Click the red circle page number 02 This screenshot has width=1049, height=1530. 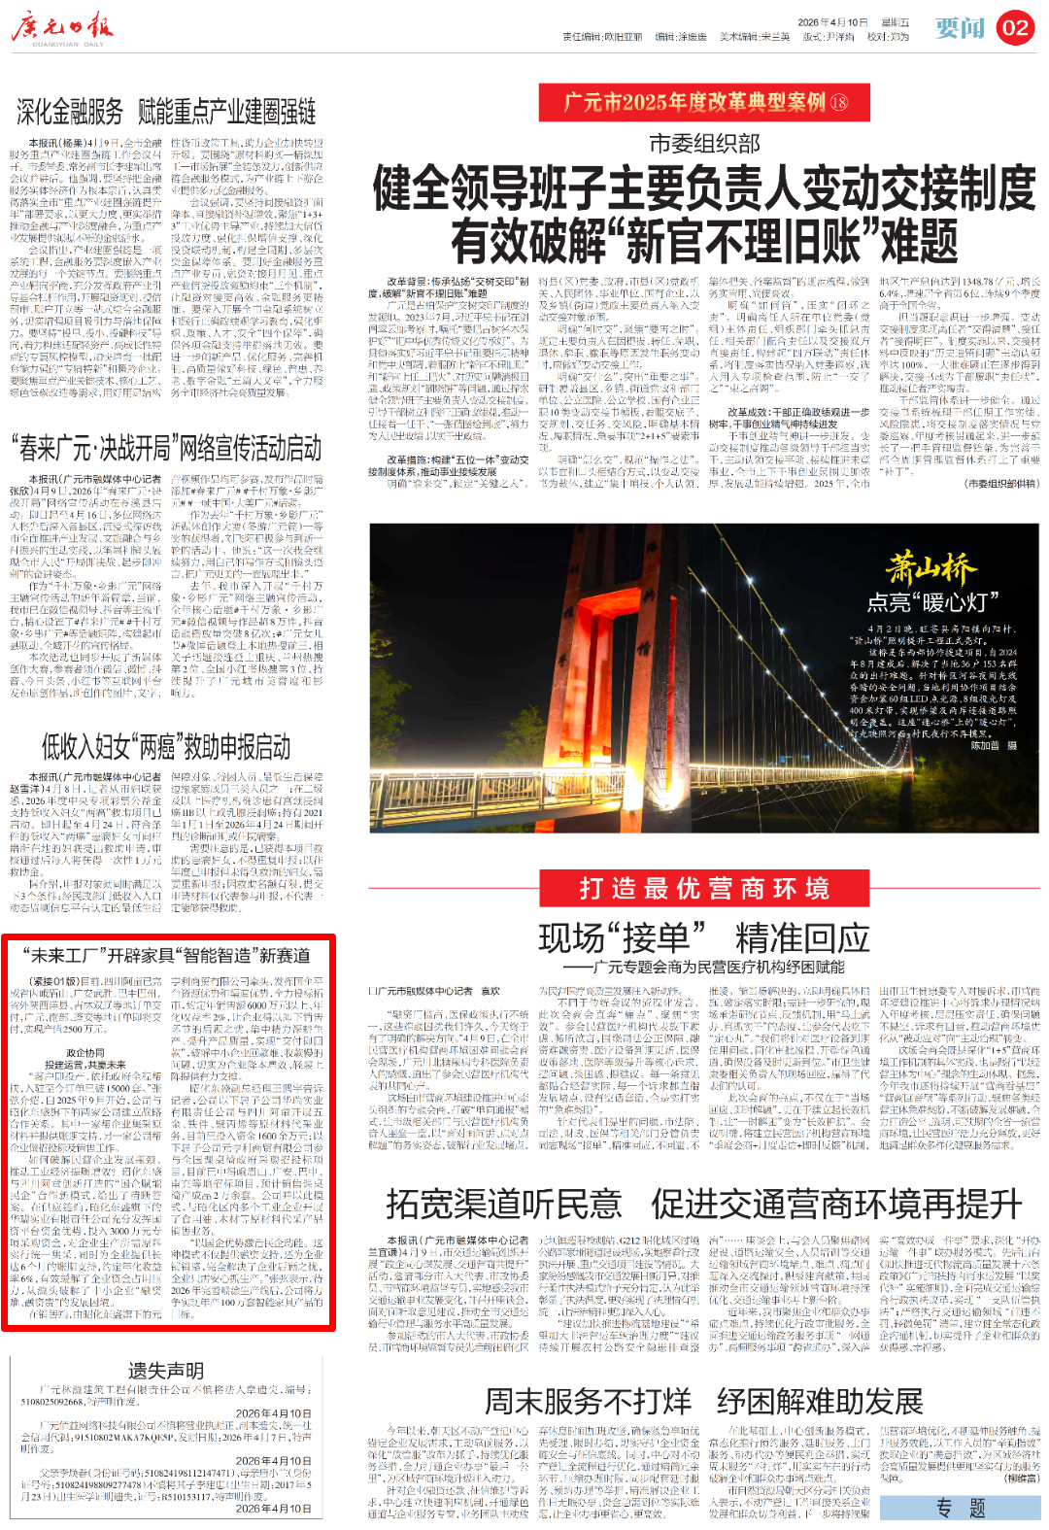[x=1015, y=28]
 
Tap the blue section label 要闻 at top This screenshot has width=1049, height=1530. [x=960, y=28]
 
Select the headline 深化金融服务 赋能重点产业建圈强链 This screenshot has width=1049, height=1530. [x=166, y=112]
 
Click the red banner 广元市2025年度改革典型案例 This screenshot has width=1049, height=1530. [x=704, y=102]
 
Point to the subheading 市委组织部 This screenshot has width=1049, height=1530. [x=704, y=144]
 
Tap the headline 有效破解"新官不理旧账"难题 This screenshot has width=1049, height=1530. [x=704, y=240]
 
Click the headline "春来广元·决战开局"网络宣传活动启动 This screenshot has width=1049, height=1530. [x=166, y=448]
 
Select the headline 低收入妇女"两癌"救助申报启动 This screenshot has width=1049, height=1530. [x=166, y=746]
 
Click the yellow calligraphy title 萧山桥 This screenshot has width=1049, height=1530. [x=931, y=567]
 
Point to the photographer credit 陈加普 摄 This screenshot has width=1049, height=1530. [x=994, y=746]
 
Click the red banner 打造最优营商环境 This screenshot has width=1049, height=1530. [x=704, y=889]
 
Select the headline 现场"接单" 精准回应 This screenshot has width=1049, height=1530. [x=704, y=938]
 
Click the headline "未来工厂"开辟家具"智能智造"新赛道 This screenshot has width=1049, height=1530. [x=167, y=956]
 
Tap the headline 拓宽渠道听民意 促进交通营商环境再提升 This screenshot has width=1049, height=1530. [x=704, y=1204]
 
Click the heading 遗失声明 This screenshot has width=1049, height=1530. [x=166, y=1371]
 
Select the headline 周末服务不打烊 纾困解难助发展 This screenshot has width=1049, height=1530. [x=704, y=1401]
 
